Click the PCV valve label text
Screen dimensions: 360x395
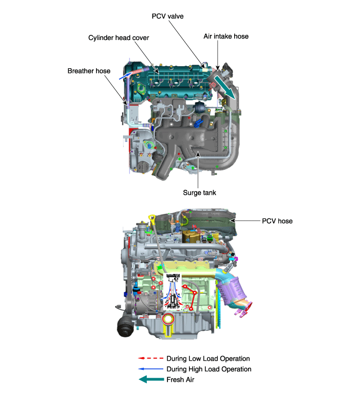tap(167, 16)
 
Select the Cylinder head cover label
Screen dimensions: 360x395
tap(119, 38)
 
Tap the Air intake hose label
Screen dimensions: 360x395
tap(226, 36)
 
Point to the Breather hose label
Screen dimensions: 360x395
tap(89, 71)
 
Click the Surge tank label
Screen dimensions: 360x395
tap(200, 193)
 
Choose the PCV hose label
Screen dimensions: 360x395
tap(277, 221)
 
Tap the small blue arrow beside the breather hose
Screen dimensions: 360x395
tap(125, 75)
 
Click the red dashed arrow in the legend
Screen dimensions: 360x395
tap(150, 358)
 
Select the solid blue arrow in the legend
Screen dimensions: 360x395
tap(150, 369)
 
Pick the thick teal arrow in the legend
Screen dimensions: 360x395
tap(151, 380)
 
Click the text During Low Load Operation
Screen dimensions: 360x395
tap(208, 359)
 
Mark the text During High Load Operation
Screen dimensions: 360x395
tap(209, 369)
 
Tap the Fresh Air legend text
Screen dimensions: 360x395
tap(180, 380)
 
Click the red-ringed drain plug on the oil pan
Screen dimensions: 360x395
tap(167, 320)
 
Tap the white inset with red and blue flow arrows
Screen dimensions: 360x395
tap(173, 291)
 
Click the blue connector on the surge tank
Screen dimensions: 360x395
tap(198, 123)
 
